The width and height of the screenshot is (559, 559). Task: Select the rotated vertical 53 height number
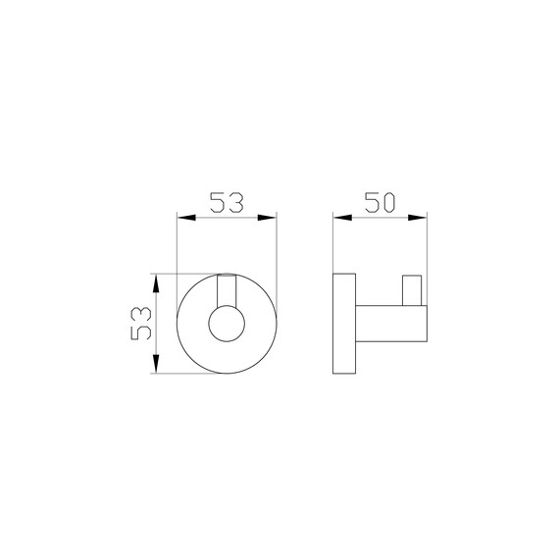tap(140, 322)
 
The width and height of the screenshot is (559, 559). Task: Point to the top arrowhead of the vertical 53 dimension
tap(155, 279)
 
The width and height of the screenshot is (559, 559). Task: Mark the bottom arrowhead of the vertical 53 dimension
tap(155, 367)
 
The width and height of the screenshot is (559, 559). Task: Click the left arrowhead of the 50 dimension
tap(338, 220)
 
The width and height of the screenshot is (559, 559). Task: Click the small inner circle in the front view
tap(226, 323)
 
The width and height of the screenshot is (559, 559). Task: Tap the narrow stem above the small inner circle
tap(226, 291)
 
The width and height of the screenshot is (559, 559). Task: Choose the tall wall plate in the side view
tap(344, 323)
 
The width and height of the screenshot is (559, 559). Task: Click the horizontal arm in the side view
tap(388, 323)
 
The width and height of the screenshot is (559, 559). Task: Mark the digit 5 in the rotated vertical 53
tap(140, 331)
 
